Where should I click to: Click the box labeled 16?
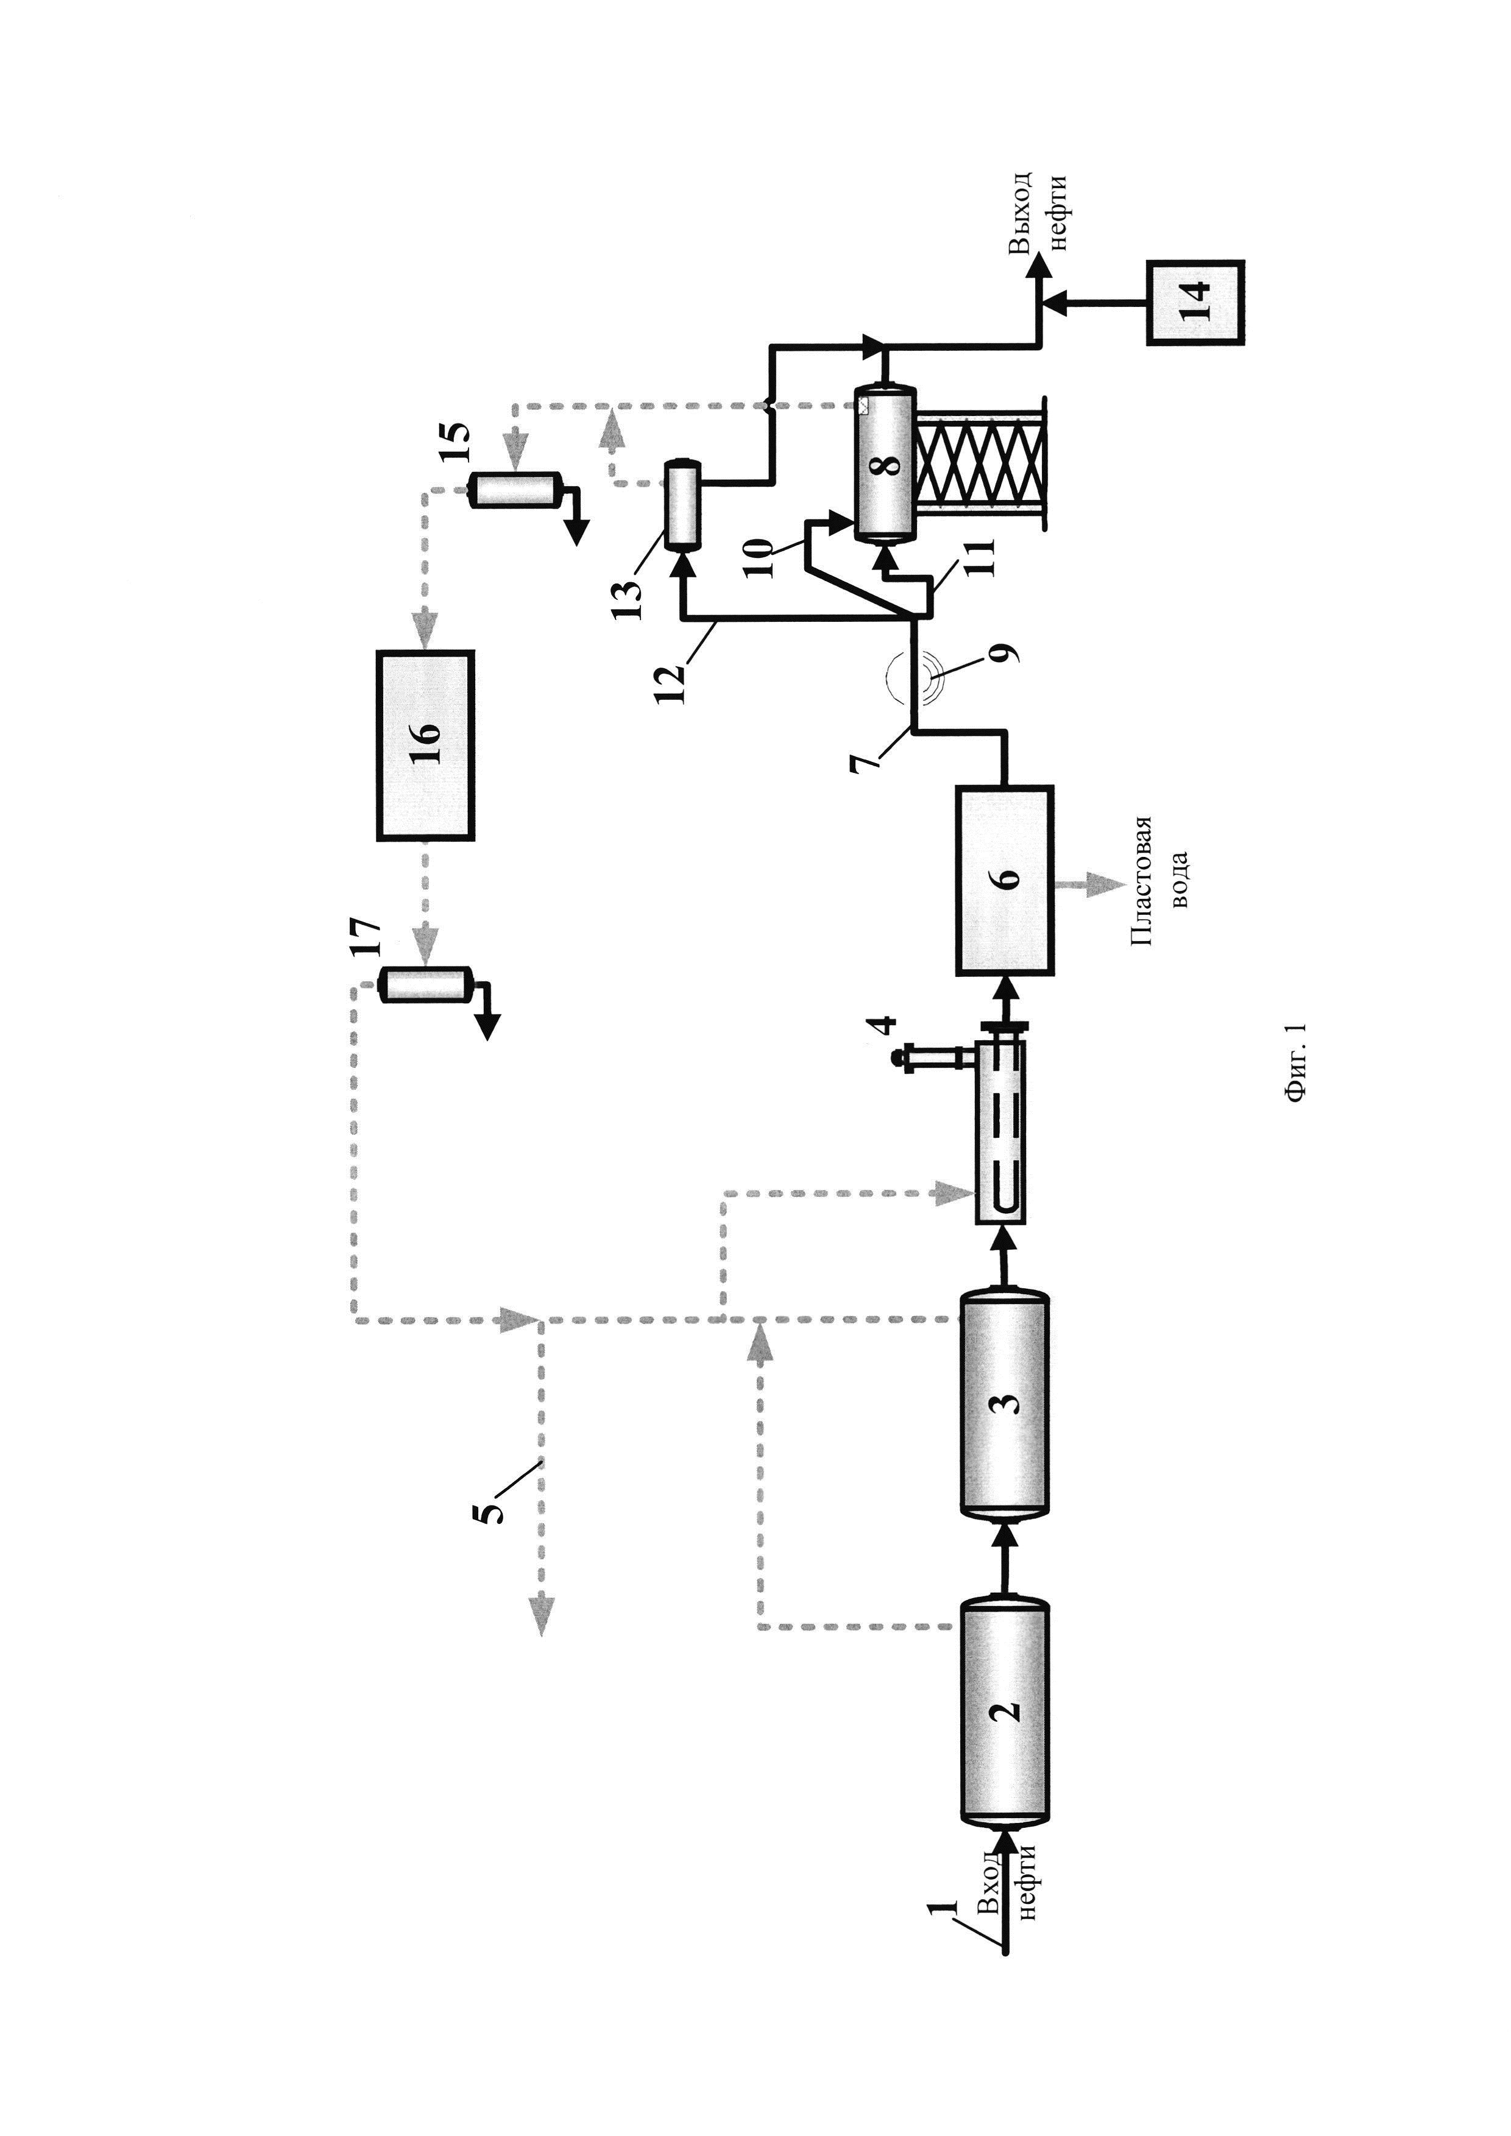click(425, 745)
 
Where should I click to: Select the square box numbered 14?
click(1195, 302)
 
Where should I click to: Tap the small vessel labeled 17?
click(426, 985)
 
